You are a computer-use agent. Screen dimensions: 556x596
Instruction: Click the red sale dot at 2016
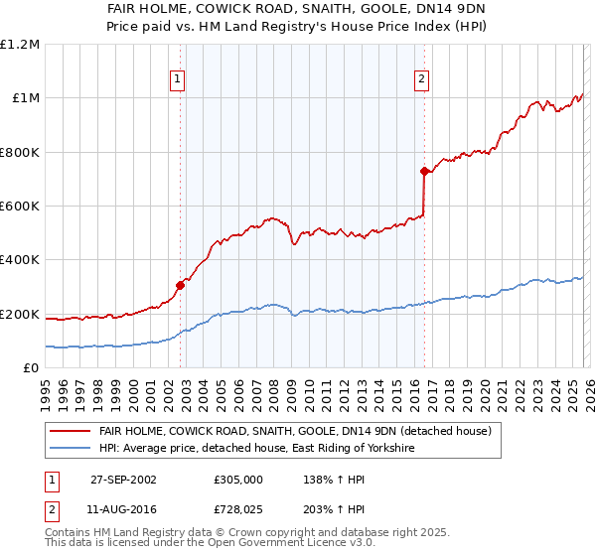(424, 172)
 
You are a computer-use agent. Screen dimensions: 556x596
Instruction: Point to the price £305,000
(238, 479)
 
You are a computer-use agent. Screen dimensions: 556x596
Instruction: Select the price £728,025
(238, 508)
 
